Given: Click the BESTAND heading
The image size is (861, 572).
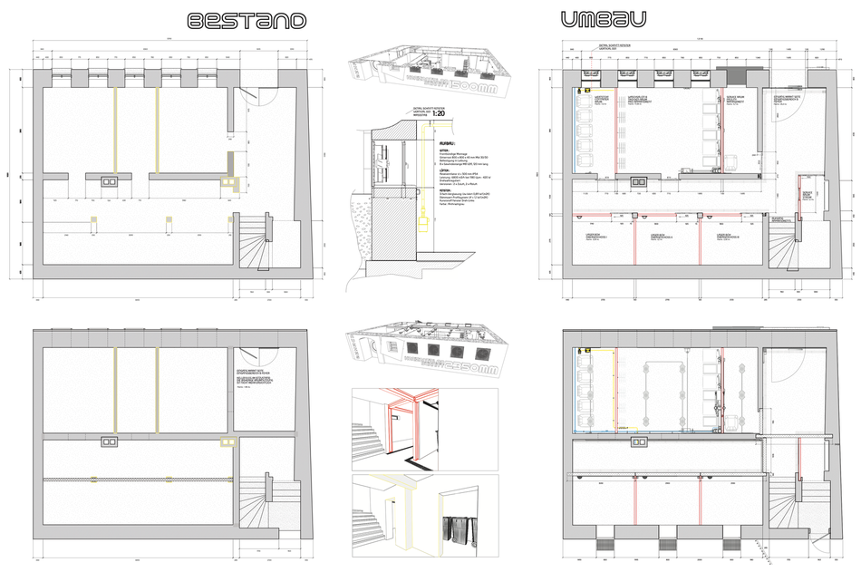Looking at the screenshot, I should click(246, 21).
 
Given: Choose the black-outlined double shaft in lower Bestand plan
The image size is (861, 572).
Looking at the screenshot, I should click(109, 441).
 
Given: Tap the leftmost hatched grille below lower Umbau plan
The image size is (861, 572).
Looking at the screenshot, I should click(604, 544).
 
